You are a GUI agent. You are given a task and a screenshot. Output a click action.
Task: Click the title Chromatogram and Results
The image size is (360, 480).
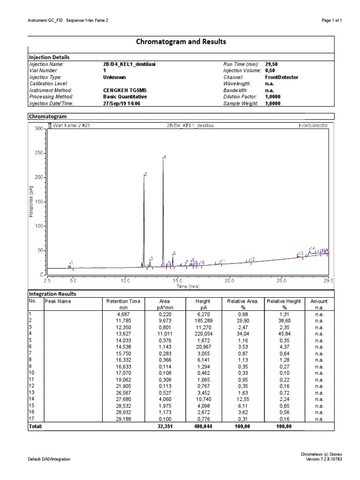coord(181,42)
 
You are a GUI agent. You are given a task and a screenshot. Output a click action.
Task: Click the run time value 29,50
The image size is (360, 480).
coord(271,64)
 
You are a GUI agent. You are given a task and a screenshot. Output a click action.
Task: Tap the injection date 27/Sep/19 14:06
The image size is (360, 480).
coord(121,104)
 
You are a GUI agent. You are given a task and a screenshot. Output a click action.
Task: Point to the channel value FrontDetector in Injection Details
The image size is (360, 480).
coord(281,77)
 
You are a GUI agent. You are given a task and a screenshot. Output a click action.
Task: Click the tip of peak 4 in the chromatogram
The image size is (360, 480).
coord(163,158)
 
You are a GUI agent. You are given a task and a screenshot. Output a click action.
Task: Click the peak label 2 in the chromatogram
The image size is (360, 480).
coord(146,174)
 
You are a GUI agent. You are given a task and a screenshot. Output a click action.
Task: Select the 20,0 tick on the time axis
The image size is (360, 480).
coord(229,281)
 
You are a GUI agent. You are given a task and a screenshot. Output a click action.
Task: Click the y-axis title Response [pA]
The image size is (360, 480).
coord(31,202)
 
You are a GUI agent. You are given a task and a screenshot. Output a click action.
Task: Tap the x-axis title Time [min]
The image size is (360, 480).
coord(188,286)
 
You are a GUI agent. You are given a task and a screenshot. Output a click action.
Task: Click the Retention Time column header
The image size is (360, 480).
coord(123,304)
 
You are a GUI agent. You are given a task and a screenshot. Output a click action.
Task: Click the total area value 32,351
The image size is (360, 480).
coord(165,427)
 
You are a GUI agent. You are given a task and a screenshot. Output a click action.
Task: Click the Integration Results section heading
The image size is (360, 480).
coord(52,294)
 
